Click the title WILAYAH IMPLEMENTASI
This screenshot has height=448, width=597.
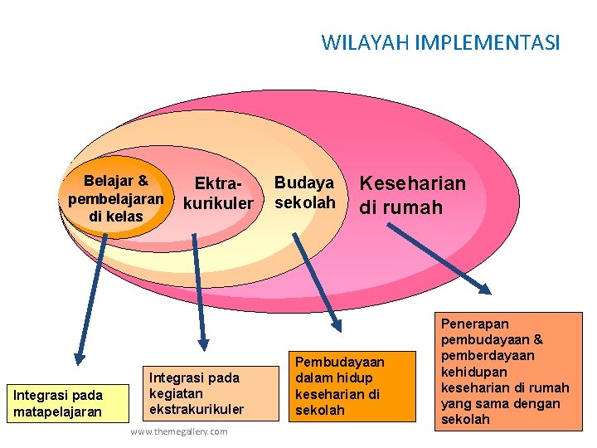pos(440,41)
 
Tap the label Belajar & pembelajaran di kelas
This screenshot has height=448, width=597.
pos(116,198)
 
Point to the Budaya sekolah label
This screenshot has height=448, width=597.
pos(304,192)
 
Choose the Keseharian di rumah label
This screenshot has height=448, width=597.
pos(412,195)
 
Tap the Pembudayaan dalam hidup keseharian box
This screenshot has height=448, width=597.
pos(352,386)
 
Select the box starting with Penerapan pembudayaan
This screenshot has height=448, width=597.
pos(505,371)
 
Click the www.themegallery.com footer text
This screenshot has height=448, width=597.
pos(179,432)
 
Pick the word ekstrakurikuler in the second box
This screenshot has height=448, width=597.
pos(197,410)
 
